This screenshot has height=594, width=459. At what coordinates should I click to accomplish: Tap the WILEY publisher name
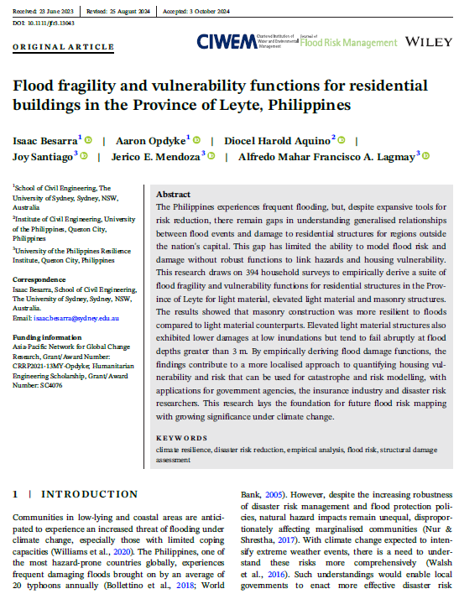pos(428,41)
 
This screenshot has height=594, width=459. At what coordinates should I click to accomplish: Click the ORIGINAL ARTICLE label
pos(52,48)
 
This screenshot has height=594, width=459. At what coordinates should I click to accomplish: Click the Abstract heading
pos(174,194)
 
